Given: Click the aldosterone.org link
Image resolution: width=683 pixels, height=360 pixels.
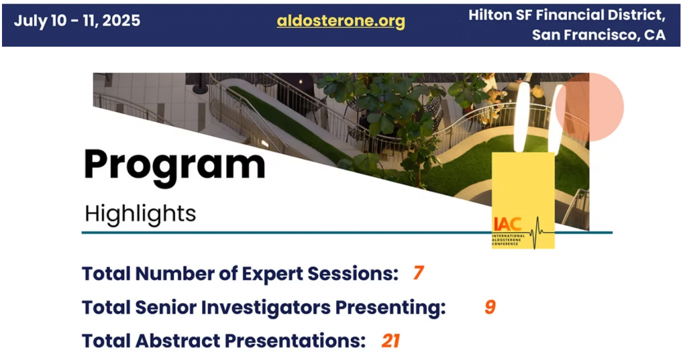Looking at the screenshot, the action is point(341,21).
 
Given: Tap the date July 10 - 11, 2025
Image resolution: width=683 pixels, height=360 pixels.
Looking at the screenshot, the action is point(77,21).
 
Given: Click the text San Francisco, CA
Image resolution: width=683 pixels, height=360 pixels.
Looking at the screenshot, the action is point(598,35).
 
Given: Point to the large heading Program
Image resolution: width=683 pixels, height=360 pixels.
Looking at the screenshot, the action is point(175,165).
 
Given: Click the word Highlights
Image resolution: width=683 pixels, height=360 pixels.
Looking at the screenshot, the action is point(140,213).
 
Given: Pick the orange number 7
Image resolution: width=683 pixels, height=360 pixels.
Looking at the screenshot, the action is point(419,273).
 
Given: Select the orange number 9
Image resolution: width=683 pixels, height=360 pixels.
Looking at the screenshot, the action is point(490,307).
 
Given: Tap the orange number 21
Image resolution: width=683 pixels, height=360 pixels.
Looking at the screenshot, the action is point(390,341).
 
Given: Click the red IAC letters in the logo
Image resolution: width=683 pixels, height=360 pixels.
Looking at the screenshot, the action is point(508,224).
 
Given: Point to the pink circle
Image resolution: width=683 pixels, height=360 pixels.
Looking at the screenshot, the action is point(590,107).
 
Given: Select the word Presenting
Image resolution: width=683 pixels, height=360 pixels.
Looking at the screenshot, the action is point(390,307).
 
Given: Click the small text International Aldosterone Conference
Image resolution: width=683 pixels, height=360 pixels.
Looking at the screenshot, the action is point(508,240).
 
